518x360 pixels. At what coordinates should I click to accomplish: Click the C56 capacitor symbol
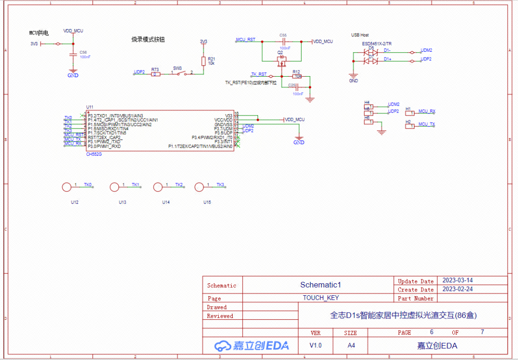pos(72,55)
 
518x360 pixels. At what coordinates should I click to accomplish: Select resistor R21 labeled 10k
pos(203,61)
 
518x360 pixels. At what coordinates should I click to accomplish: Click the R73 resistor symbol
pos(155,74)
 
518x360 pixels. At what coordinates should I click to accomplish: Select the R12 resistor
pos(297,76)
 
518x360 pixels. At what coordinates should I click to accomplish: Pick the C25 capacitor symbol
pos(297,87)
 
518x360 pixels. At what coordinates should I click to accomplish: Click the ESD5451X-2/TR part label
pos(377,43)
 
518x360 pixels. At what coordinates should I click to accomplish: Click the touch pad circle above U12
pos(66,187)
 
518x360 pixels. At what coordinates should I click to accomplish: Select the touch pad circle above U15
pos(199,187)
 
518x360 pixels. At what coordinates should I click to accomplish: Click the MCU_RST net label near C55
pos(246,39)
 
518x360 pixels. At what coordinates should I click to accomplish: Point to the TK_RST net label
pos(259,74)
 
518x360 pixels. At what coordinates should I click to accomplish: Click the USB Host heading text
pos(360,35)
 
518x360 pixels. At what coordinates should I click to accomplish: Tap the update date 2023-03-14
pos(457,280)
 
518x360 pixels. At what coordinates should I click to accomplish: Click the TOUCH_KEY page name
pos(320,298)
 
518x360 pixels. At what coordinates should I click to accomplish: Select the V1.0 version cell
pos(316,345)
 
